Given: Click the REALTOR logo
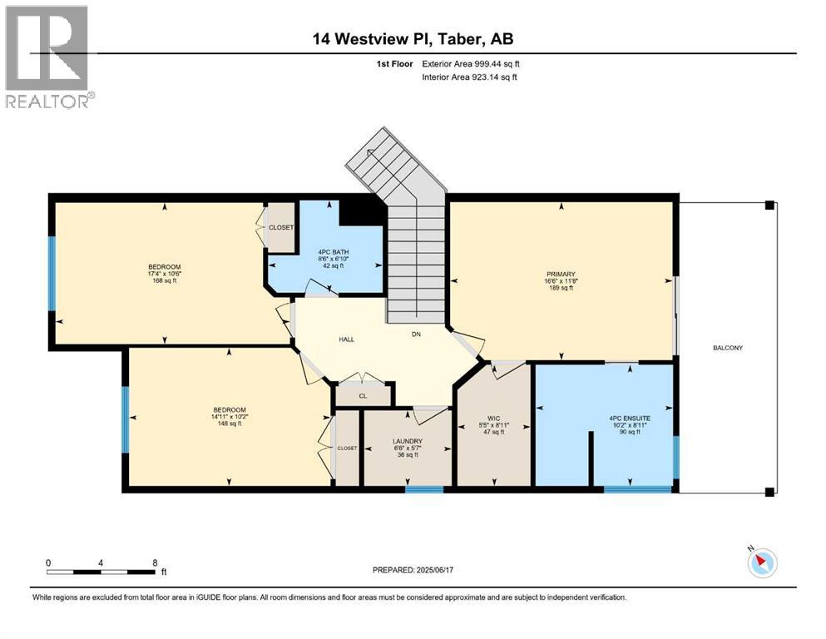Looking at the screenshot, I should pos(47,57).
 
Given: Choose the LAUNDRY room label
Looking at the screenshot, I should pos(408,441).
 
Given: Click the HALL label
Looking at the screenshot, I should pos(347,339).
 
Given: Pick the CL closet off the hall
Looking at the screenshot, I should pos(363,397).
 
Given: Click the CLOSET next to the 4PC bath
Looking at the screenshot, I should pos(280,227).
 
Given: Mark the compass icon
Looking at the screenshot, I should pos(761,563).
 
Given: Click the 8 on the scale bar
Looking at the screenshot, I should pos(155,562).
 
